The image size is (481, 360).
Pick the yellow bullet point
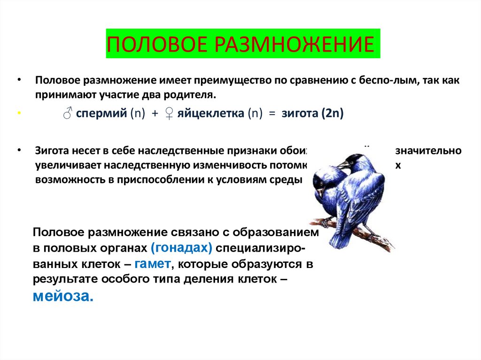19,114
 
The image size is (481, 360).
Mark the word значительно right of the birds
428,151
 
